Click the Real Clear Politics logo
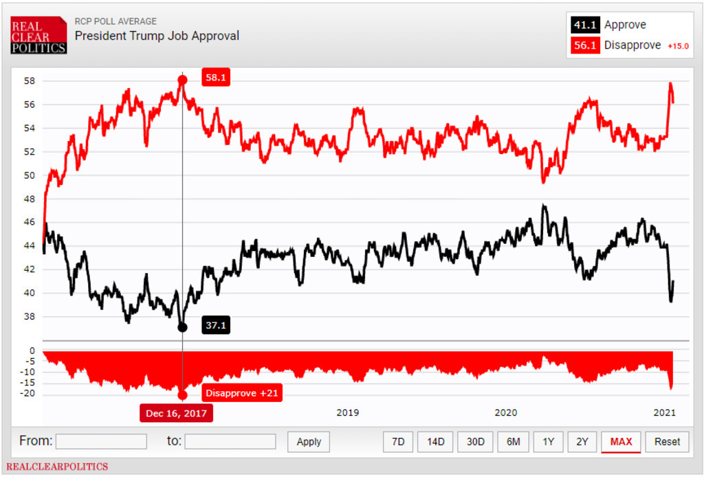pyautogui.click(x=38, y=35)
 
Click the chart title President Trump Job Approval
pyautogui.click(x=157, y=36)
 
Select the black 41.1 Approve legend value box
pyautogui.click(x=585, y=25)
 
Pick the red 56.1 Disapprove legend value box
pyautogui.click(x=585, y=45)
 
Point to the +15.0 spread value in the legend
pyautogui.click(x=678, y=46)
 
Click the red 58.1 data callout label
pyautogui.click(x=215, y=78)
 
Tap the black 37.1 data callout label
pyautogui.click(x=215, y=325)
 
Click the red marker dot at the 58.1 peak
pyautogui.click(x=182, y=80)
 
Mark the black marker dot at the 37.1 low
pyautogui.click(x=182, y=327)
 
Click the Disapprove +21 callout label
pyautogui.click(x=242, y=393)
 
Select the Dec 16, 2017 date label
pyautogui.click(x=176, y=413)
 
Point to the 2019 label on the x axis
pyautogui.click(x=347, y=412)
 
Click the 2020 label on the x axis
pyautogui.click(x=505, y=412)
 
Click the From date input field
pyautogui.click(x=101, y=441)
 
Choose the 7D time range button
pyautogui.click(x=398, y=441)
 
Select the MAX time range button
pyautogui.click(x=621, y=441)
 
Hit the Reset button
pyautogui.click(x=667, y=441)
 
